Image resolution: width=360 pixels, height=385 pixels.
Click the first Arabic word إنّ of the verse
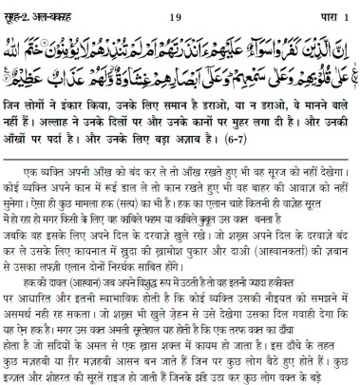[x=344, y=43]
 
